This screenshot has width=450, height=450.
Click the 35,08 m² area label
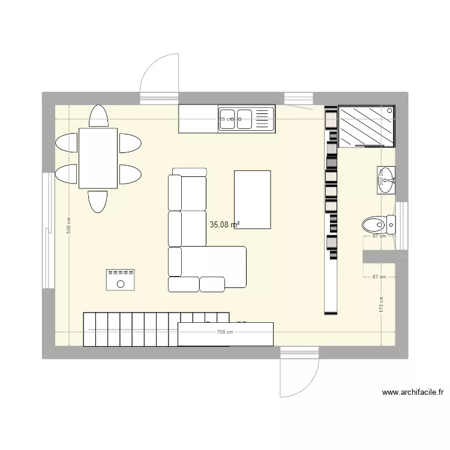pyautogui.click(x=224, y=225)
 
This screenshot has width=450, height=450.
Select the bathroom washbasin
pyautogui.click(x=387, y=179)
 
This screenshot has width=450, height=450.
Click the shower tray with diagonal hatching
pyautogui.click(x=367, y=126)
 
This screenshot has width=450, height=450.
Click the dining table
pyautogui.click(x=98, y=158)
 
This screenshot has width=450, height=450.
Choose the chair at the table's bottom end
pyautogui.click(x=98, y=201)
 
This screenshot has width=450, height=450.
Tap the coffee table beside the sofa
pyautogui.click(x=253, y=199)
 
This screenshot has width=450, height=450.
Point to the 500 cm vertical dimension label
pyautogui.click(x=68, y=225)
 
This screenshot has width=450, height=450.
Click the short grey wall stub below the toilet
pyautogui.click(x=385, y=256)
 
